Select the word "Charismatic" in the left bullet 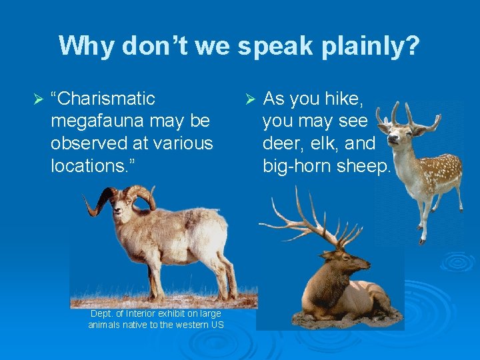pos(106,99)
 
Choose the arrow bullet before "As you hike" pos(250,100)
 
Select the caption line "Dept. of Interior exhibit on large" pos(156,313)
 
